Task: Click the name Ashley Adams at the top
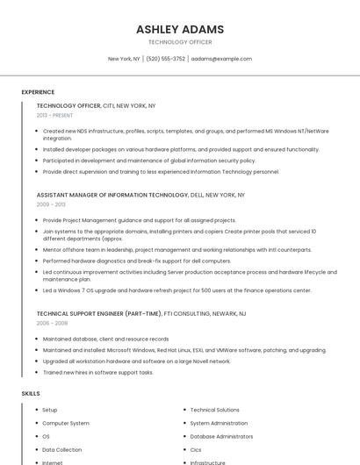[180, 29]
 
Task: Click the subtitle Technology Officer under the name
[180, 41]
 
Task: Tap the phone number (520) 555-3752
[165, 59]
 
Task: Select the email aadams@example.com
[221, 59]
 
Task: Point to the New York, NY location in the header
[124, 59]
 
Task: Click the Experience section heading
[38, 92]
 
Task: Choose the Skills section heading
[31, 394]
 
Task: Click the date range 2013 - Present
[54, 115]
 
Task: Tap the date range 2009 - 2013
[50, 204]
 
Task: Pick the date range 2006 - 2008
[51, 323]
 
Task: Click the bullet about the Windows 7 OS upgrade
[176, 290]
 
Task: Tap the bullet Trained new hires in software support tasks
[97, 372]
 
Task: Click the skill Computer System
[66, 423]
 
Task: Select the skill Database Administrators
[221, 436]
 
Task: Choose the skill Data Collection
[61, 449]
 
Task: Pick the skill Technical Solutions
[214, 410]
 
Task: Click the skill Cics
[196, 449]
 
